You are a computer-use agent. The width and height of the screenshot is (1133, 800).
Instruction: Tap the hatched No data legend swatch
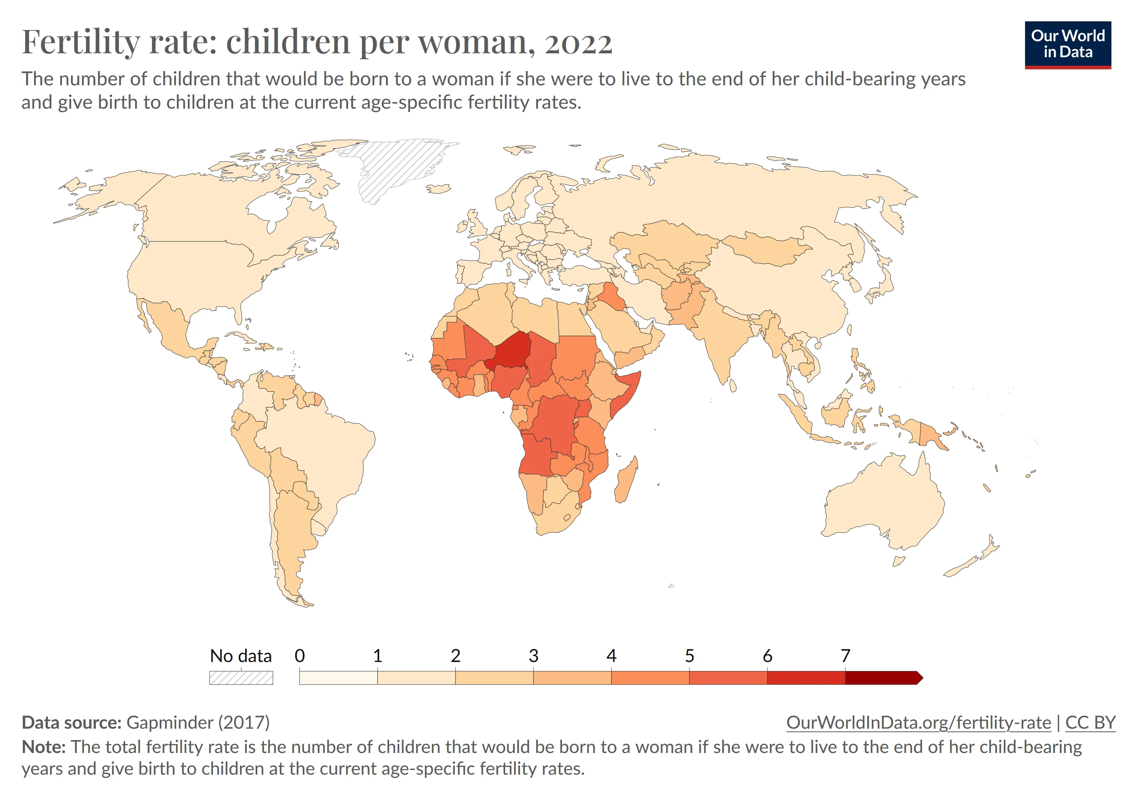241,678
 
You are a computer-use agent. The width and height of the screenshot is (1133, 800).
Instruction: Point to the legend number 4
611,656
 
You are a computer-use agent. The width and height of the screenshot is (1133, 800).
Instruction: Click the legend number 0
300,656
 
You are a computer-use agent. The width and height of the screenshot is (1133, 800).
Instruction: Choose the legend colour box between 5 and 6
728,678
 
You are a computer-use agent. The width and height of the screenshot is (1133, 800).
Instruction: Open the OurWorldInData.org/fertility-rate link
918,723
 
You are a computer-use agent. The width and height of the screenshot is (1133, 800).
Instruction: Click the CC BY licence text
1090,723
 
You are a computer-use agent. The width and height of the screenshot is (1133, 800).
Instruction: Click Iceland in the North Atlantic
438,189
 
